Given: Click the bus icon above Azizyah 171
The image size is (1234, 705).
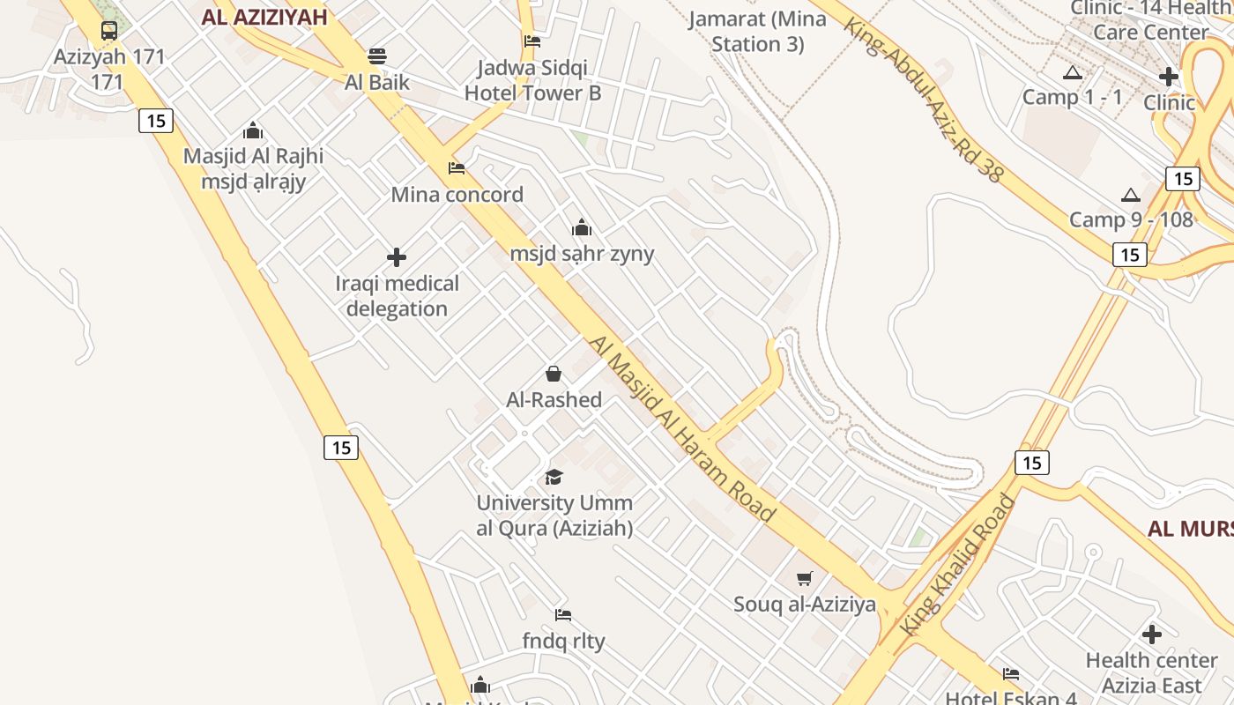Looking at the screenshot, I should tap(109, 31).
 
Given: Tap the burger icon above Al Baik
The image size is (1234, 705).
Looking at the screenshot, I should tap(377, 56).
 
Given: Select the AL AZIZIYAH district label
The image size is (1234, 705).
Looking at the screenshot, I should tap(264, 17).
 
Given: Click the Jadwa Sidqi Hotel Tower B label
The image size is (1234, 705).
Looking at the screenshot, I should tap(532, 80).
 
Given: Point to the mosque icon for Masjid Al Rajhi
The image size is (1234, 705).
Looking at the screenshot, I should tap(253, 130).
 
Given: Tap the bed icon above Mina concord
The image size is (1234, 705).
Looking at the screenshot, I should tap(457, 167).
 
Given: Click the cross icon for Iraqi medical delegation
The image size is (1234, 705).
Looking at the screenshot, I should tap(397, 257).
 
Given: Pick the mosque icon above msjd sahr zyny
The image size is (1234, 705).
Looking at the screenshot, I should tap(582, 227).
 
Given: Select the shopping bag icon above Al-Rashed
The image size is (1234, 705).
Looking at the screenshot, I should tap(554, 374).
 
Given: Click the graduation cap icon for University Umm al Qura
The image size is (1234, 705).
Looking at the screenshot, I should tap(554, 477).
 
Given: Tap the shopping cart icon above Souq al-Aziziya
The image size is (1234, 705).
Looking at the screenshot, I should tap(804, 578).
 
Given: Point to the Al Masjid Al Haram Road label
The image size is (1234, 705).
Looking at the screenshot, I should tap(682, 428).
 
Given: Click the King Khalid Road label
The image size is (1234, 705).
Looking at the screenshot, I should tap(957, 565).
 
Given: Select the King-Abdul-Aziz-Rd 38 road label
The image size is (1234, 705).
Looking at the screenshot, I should tap(923, 98).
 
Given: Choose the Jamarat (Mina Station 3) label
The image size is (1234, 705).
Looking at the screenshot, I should tap(757, 31).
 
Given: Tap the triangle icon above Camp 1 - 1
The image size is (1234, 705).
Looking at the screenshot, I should tap(1072, 72).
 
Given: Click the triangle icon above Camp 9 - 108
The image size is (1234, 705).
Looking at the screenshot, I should tap(1130, 195).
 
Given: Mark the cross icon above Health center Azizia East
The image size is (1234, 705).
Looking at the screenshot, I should tap(1151, 634).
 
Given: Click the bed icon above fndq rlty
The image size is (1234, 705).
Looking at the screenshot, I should tap(563, 614).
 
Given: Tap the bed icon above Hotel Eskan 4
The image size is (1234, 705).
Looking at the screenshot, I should tap(1011, 674).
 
